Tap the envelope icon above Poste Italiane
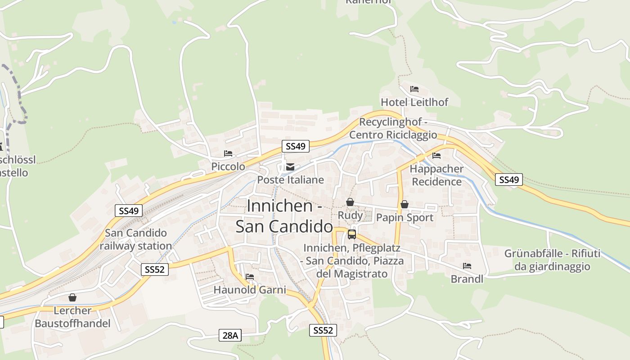[290, 167]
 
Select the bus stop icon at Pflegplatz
[352, 234]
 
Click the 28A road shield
[230, 335]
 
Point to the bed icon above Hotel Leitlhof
[414, 89]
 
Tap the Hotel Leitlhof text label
[414, 102]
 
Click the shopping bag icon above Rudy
[350, 202]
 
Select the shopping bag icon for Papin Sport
[405, 205]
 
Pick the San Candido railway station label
[136, 239]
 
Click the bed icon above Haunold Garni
[250, 277]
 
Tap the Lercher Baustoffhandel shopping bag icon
[72, 297]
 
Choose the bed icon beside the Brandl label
[467, 266]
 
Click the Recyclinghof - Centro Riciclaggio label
[393, 128]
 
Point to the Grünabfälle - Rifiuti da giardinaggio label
[552, 260]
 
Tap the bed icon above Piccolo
[228, 153]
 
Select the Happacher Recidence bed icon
[436, 156]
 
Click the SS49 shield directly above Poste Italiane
[296, 146]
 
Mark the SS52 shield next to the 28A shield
[323, 330]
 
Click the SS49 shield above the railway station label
[129, 211]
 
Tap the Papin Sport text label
[405, 218]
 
